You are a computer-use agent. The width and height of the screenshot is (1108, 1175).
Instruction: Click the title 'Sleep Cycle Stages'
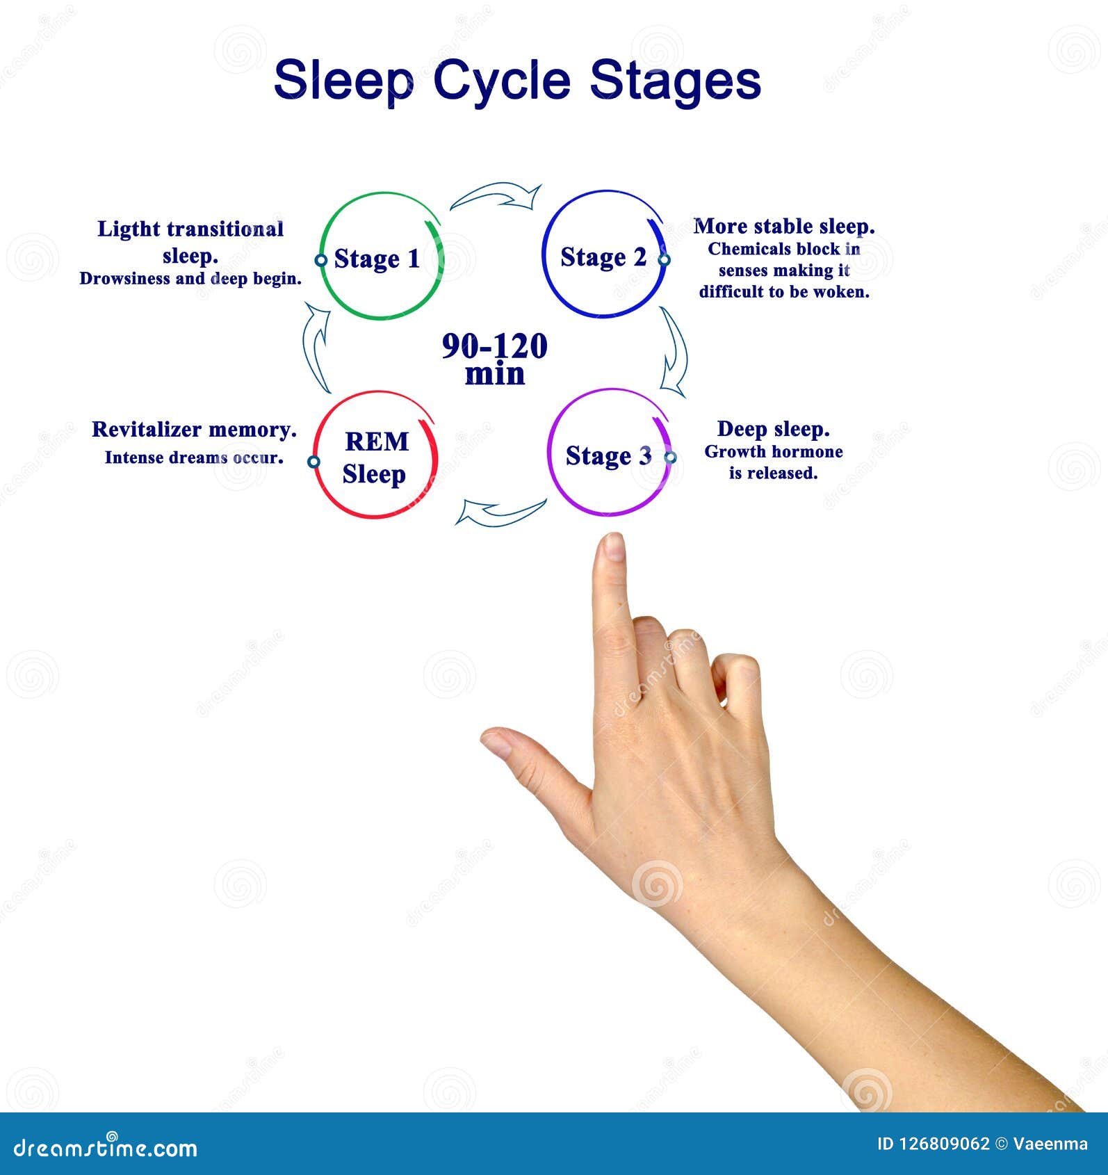pyautogui.click(x=517, y=81)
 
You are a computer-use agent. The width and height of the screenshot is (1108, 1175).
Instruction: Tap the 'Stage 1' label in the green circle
pyautogui.click(x=377, y=259)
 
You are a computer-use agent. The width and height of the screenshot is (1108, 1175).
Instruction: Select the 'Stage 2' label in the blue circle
pyautogui.click(x=603, y=257)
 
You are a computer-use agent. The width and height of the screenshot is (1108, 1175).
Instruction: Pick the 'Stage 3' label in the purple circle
pyautogui.click(x=608, y=456)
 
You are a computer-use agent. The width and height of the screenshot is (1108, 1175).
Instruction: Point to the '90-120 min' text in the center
pyautogui.click(x=495, y=359)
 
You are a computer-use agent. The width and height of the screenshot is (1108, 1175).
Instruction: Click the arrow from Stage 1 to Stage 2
pyautogui.click(x=496, y=196)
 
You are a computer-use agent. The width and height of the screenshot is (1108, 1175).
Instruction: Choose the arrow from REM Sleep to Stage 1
pyautogui.click(x=317, y=348)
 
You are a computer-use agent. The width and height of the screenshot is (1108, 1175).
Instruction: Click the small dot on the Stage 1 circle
pyautogui.click(x=320, y=260)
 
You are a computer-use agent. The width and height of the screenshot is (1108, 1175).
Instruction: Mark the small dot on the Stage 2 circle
pyautogui.click(x=664, y=259)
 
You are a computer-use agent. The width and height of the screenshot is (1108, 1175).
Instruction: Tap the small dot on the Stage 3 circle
pyautogui.click(x=670, y=457)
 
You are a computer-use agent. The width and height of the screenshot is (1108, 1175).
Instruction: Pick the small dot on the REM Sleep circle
pyautogui.click(x=313, y=462)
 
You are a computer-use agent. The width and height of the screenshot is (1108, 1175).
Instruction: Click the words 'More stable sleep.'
pyautogui.click(x=783, y=227)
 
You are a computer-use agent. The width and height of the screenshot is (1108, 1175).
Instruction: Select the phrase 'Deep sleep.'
pyautogui.click(x=773, y=429)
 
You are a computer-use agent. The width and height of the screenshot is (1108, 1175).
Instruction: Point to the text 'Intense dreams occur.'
pyautogui.click(x=194, y=457)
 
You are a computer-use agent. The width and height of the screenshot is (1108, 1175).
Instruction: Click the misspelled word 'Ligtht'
pyautogui.click(x=127, y=229)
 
